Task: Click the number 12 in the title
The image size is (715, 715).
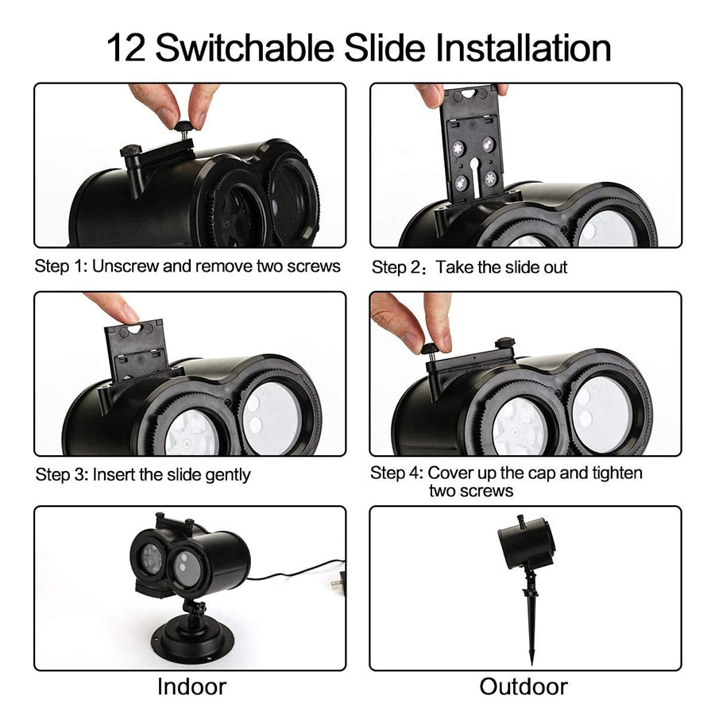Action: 126,48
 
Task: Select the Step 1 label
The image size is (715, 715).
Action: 61,266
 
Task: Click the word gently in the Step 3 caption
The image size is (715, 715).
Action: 227,476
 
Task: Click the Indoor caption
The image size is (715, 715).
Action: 191,686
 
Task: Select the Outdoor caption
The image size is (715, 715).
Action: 524,686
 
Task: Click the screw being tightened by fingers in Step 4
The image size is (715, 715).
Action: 430,351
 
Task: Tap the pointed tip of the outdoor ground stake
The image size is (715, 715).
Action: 531,665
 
